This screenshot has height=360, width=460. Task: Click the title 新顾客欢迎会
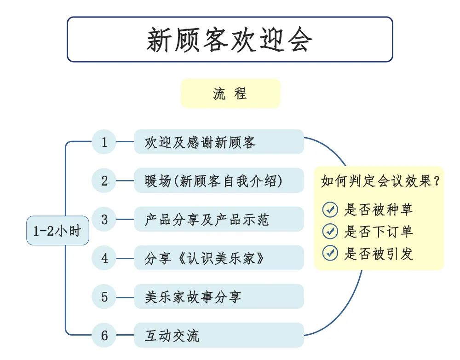tap(230, 39)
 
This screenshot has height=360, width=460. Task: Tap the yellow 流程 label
tap(230, 93)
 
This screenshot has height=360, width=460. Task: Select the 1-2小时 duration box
tap(57, 231)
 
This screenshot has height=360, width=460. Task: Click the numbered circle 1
tap(104, 142)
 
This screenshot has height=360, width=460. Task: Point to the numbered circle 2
tap(104, 180)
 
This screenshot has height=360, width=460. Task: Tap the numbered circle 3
tap(104, 219)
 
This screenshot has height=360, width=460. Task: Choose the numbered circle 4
tap(104, 258)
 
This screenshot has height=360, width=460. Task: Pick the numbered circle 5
tap(104, 297)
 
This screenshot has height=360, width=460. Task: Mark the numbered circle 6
tap(104, 336)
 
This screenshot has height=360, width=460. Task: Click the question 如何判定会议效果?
tap(380, 181)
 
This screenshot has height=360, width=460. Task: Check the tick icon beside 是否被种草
tap(330, 209)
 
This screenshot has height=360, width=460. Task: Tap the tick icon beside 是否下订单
tap(330, 232)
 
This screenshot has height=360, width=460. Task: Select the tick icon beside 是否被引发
tap(330, 253)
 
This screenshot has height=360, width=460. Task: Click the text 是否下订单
tap(379, 232)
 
